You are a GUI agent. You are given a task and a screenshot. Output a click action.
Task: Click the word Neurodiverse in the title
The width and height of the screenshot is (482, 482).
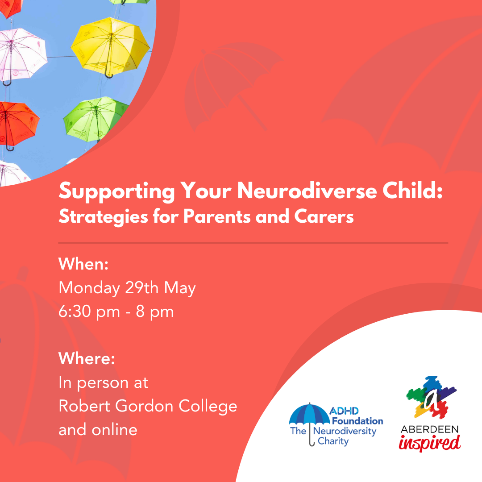307,191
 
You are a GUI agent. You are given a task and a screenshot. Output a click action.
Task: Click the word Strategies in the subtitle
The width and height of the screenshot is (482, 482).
103,217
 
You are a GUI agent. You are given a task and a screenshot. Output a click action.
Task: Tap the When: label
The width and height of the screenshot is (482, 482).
83,264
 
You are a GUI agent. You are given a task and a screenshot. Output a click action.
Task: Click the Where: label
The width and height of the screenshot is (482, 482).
87,358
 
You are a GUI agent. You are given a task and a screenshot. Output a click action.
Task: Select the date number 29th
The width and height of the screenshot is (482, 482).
142,288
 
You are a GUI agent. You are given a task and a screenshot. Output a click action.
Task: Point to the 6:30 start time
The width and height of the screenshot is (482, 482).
75,312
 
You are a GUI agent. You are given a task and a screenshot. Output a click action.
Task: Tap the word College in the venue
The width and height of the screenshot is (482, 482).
208,407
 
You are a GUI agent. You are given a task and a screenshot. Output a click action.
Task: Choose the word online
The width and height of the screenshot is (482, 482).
114,429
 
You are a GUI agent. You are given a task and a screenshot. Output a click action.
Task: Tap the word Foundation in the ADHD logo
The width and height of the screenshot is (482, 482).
357,421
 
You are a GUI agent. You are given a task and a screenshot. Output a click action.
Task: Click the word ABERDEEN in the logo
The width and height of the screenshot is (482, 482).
429,429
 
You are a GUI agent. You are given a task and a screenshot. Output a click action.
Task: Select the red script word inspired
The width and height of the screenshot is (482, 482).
429,443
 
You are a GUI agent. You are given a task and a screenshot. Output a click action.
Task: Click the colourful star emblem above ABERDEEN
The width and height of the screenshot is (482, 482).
431,397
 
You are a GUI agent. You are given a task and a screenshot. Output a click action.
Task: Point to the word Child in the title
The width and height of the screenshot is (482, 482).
412,191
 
